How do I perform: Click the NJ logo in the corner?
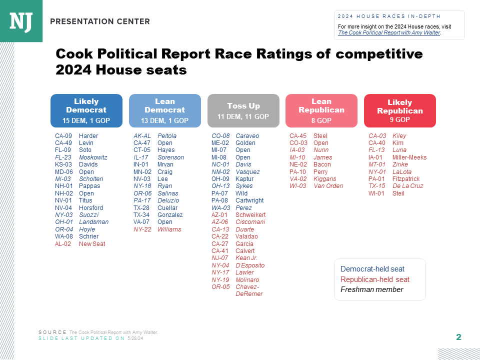(x=21, y=20)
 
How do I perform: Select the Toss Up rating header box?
(x=243, y=110)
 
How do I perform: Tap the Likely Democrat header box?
(x=86, y=110)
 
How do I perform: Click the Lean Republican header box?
(x=321, y=110)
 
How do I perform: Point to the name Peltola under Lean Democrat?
(x=167, y=136)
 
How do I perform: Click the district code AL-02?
(x=63, y=244)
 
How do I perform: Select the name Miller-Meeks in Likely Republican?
(x=409, y=157)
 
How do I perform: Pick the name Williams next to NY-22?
(x=169, y=229)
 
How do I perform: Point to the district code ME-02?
(x=220, y=143)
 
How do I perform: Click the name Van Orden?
(x=328, y=186)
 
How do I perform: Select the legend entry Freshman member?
(x=371, y=289)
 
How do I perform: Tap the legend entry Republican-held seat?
(x=375, y=279)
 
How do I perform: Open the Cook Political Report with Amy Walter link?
(x=389, y=32)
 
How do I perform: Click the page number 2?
(x=458, y=337)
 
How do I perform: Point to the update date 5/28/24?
(x=135, y=338)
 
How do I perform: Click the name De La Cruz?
(x=408, y=186)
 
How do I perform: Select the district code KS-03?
(x=63, y=164)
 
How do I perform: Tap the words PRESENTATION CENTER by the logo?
(x=100, y=21)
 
